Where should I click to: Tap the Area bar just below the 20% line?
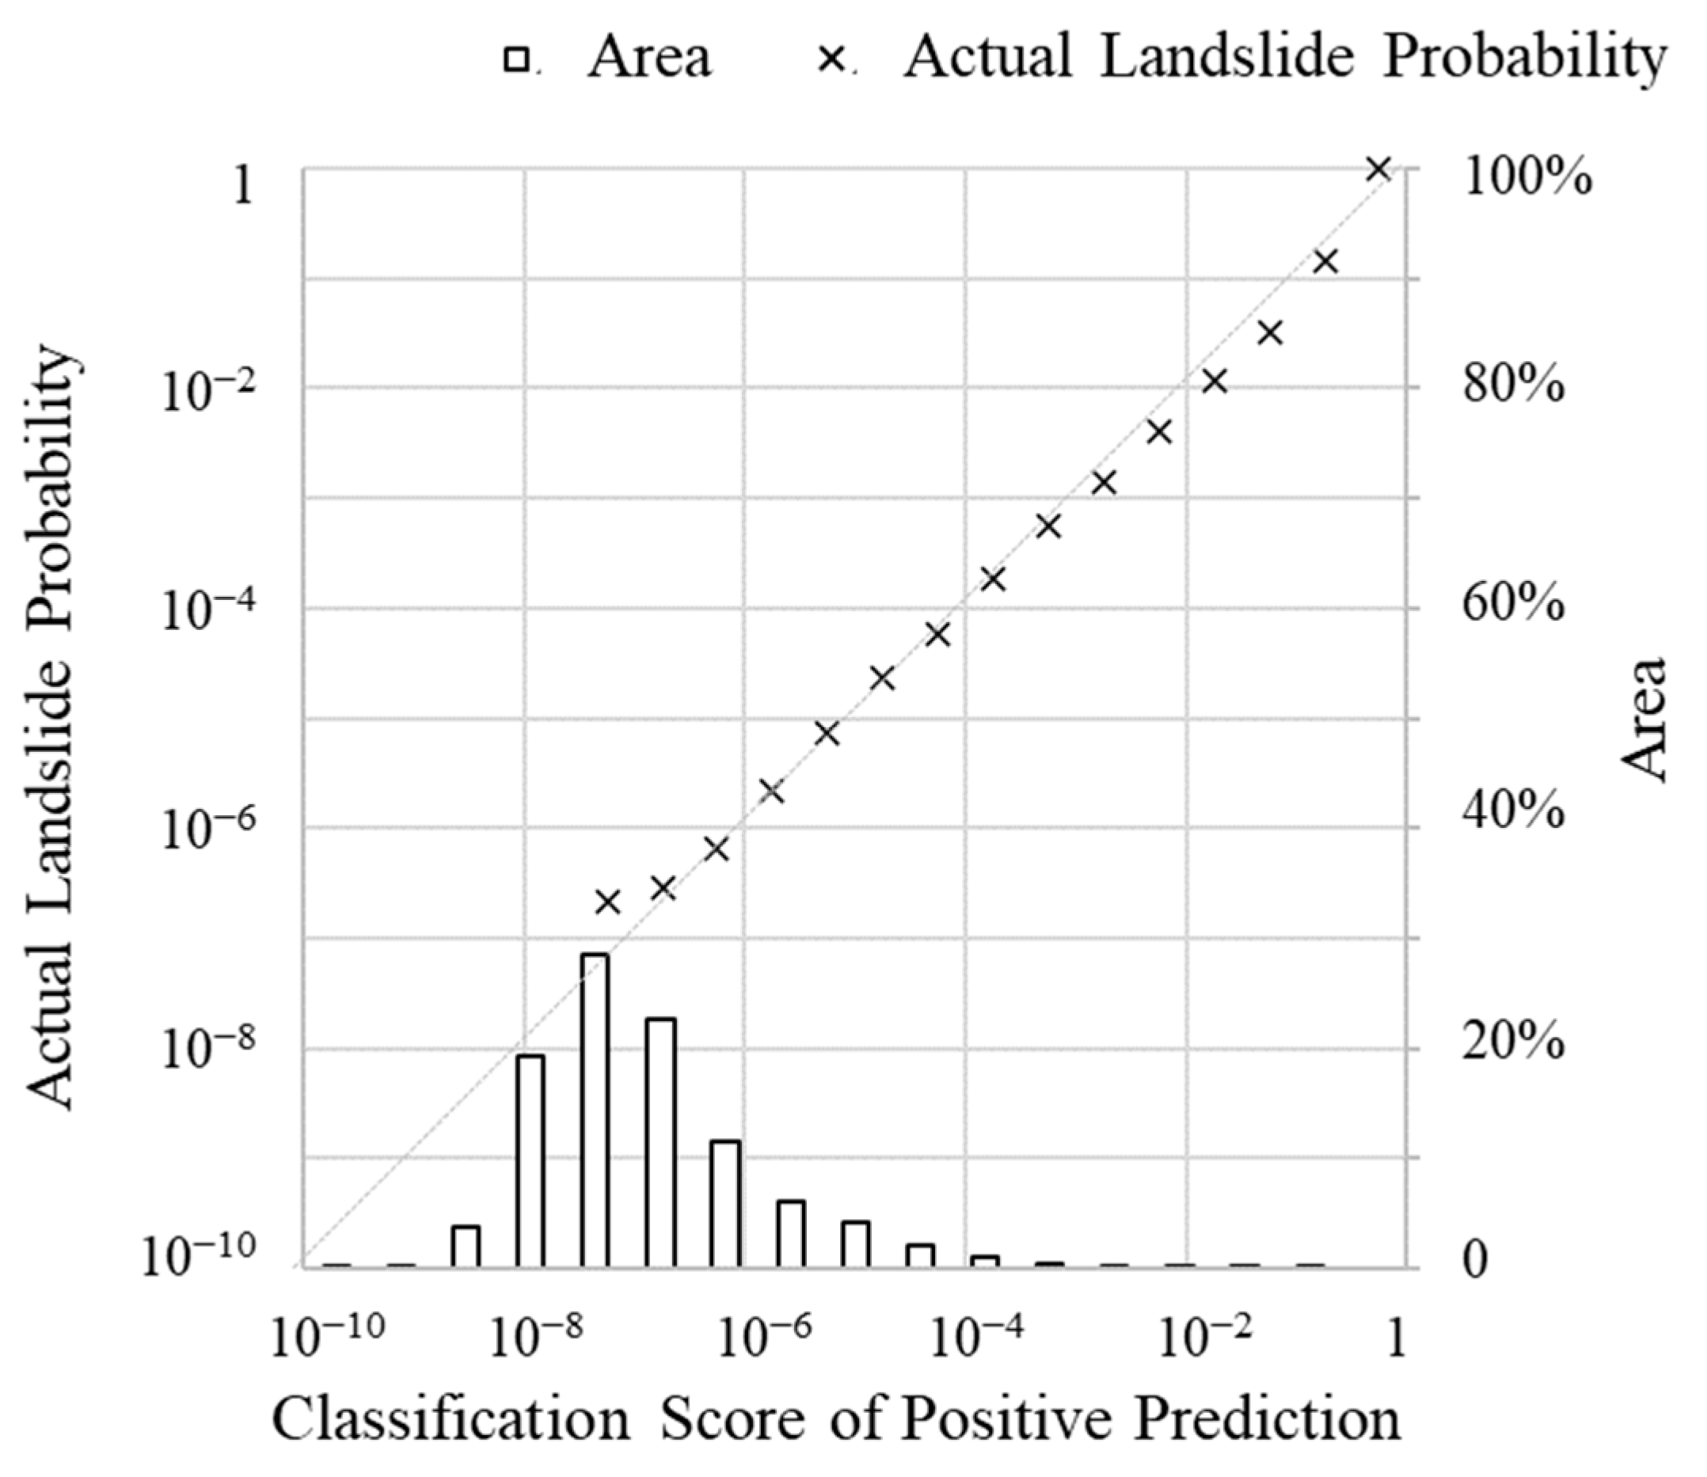coord(530,1160)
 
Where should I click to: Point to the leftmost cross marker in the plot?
coord(607,902)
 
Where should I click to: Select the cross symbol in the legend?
coord(832,60)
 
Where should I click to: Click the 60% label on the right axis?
coord(1513,606)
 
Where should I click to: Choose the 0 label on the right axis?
coord(1475,1262)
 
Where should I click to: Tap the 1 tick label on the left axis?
coord(242,184)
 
